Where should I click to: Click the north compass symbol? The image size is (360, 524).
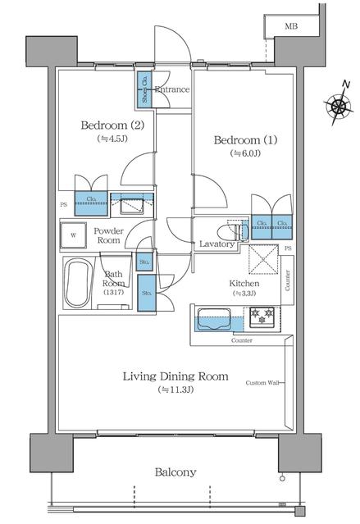point(338,105)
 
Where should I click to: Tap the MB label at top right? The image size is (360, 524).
point(291,27)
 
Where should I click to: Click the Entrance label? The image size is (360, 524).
point(172,89)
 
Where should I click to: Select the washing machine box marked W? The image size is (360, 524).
point(75,235)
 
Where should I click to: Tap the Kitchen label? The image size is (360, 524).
point(244,284)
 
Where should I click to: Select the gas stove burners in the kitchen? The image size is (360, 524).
point(265,313)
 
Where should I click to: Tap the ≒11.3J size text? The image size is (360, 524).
point(175,390)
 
